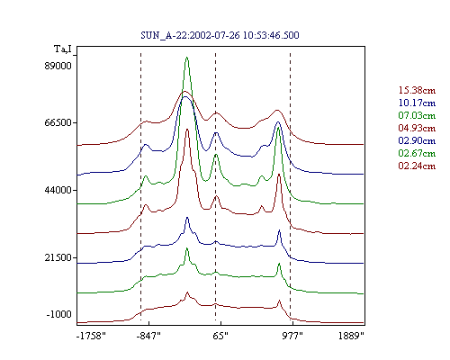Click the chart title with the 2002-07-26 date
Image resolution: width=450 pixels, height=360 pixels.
(x=220, y=35)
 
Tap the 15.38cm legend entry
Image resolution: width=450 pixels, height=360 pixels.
(x=417, y=90)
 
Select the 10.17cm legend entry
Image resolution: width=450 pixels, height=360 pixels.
(x=417, y=103)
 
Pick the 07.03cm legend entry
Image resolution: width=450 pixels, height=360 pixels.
(x=417, y=115)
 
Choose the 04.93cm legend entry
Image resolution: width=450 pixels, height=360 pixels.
(x=417, y=128)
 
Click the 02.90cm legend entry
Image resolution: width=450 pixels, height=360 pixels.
(x=417, y=140)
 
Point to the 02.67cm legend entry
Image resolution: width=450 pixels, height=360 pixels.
(x=417, y=153)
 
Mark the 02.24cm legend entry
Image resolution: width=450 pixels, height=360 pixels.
(x=417, y=166)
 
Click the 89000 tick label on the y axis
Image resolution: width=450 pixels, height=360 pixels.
(x=58, y=66)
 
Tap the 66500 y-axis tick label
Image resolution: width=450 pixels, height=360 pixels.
(x=58, y=122)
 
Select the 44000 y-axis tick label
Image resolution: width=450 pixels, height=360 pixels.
(x=58, y=190)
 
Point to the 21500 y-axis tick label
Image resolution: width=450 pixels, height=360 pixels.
(x=58, y=257)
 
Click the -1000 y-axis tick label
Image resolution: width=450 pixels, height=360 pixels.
(x=59, y=314)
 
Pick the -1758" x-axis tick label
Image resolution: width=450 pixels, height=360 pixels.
(x=91, y=336)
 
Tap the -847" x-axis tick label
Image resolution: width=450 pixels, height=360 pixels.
(x=148, y=336)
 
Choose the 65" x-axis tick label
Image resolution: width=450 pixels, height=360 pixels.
(x=220, y=336)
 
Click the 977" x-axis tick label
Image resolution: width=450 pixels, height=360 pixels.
(x=292, y=336)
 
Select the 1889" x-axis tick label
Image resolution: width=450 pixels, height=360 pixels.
(x=351, y=336)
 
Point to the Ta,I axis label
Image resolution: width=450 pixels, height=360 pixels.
(x=63, y=49)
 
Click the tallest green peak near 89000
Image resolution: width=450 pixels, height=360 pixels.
(x=187, y=58)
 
